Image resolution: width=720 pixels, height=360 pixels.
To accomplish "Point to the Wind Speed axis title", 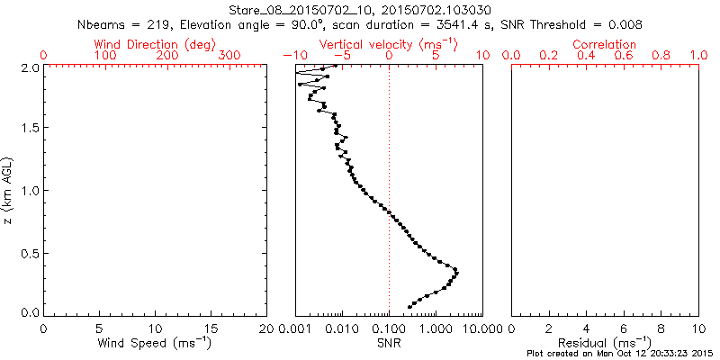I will (155, 343).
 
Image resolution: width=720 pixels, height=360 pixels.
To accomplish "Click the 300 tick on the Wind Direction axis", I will (229, 57).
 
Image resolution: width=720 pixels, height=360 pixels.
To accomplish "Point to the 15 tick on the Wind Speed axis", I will (211, 328).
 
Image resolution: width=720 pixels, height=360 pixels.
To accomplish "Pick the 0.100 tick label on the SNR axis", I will (389, 328).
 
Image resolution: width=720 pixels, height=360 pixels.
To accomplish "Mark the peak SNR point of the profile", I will (456, 272).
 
